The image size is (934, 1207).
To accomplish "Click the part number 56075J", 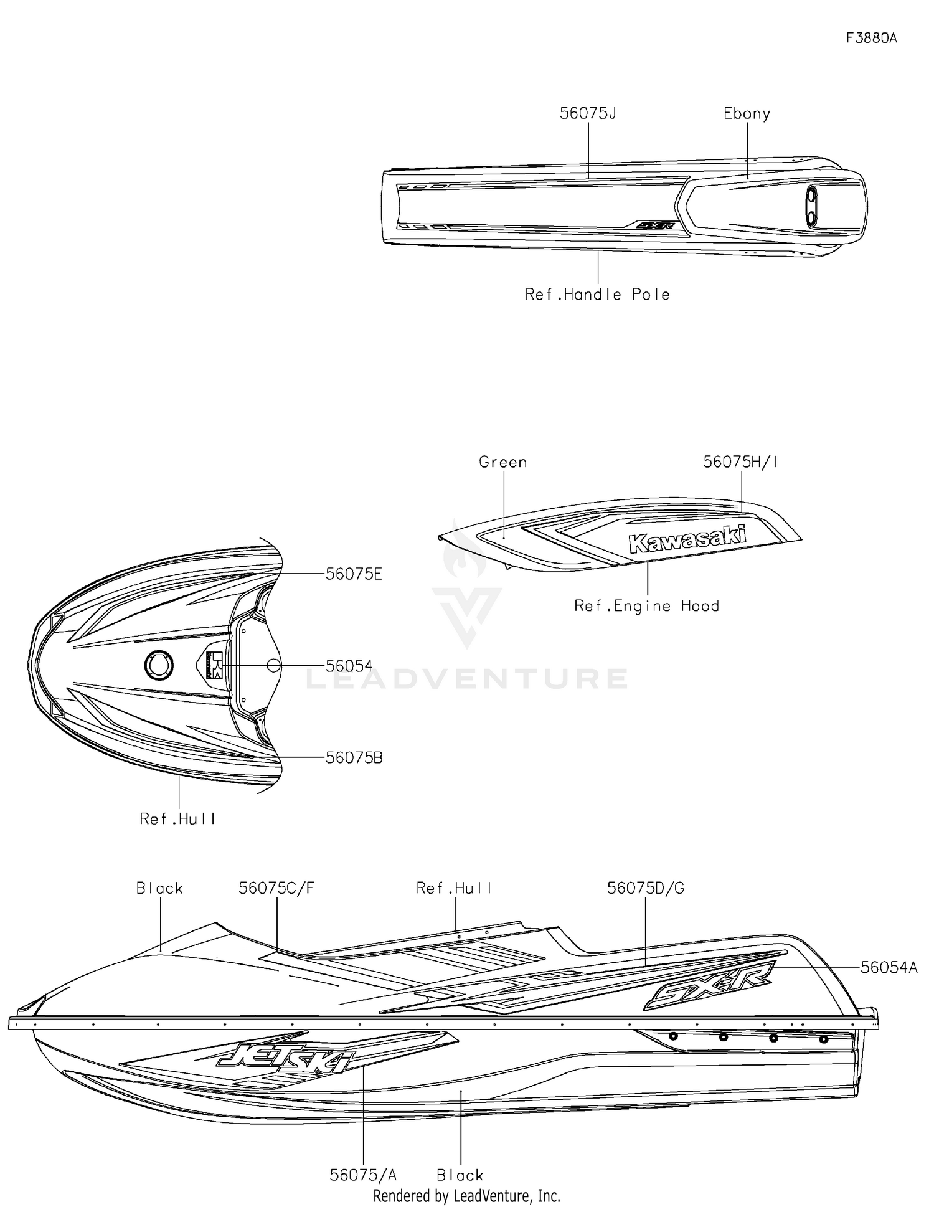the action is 587,113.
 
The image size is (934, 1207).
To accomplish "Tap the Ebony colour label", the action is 747,113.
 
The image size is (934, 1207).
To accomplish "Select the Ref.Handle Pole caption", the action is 597,295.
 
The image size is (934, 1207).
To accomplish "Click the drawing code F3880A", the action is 872,38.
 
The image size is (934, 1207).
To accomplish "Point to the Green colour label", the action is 502,462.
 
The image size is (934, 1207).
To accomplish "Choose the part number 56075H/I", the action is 740,462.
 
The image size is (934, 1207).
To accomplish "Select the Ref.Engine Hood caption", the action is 646,606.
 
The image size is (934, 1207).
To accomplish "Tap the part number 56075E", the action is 354,574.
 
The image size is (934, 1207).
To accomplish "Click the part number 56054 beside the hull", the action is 349,666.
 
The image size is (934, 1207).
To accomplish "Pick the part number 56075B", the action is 354,758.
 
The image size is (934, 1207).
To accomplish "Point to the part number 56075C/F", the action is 276,888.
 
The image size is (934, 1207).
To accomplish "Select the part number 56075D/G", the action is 646,888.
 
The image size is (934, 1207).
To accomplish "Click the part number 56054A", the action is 889,967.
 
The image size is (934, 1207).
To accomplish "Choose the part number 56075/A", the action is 363,1175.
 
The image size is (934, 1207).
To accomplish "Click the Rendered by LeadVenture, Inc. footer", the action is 466,1196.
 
